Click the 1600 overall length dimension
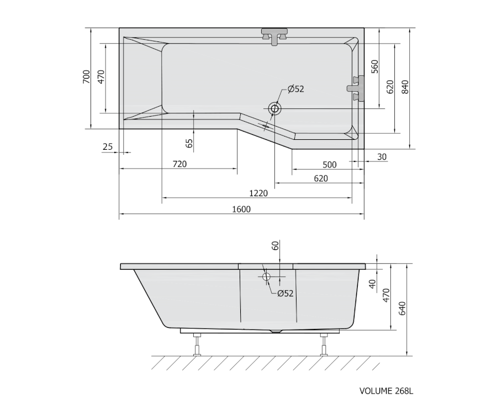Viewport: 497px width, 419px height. [241, 209]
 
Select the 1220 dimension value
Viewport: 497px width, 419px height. [258, 193]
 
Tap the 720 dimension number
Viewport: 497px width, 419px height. [179, 164]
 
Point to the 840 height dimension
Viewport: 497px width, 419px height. [405, 87]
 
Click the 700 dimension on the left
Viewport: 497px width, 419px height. [86, 77]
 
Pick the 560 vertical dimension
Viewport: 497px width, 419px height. [374, 66]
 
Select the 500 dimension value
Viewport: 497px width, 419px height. [330, 165]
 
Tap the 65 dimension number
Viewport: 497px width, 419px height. [189, 143]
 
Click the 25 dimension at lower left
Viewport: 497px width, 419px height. [108, 146]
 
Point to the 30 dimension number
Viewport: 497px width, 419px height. [382, 156]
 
